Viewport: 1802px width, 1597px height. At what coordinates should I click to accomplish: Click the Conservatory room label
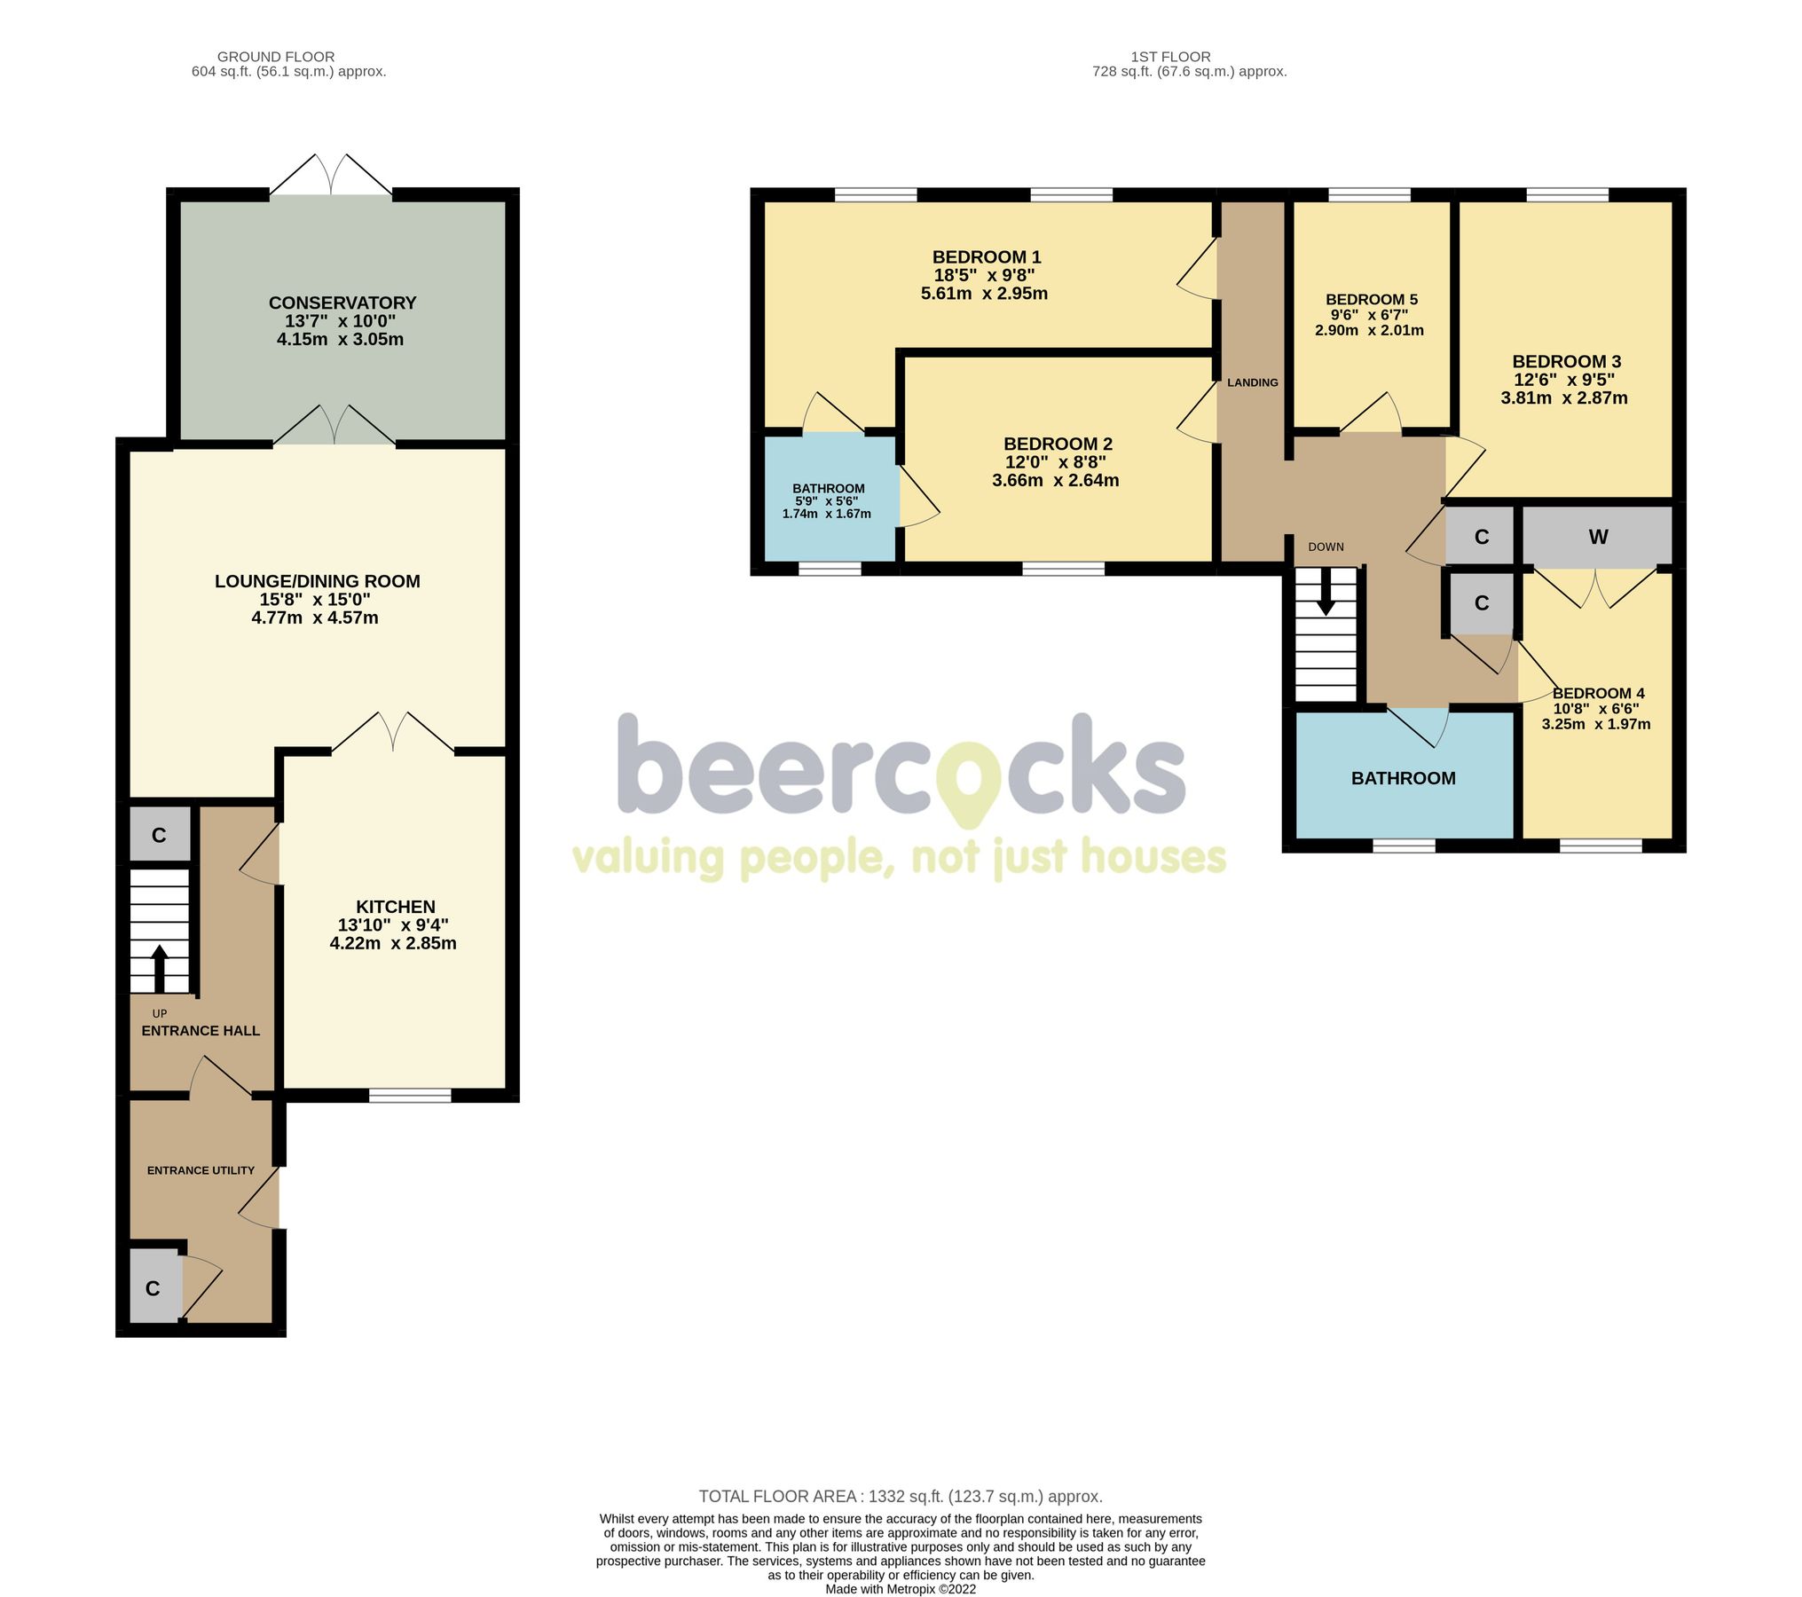point(342,303)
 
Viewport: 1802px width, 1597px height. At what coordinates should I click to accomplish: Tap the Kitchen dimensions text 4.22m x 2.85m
point(393,943)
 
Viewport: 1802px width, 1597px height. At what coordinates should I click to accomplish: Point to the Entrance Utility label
point(201,1170)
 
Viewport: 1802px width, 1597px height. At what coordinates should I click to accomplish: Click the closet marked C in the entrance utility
point(153,1288)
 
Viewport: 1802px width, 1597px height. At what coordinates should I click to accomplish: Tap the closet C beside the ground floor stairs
point(159,835)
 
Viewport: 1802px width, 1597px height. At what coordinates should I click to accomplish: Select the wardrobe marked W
point(1598,537)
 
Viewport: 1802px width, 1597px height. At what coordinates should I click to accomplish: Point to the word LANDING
point(1252,382)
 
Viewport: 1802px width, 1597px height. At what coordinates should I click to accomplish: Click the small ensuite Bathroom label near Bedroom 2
point(828,489)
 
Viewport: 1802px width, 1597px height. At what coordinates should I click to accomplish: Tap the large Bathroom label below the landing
point(1403,778)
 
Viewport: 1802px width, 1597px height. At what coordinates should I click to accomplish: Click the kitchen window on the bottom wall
point(410,1096)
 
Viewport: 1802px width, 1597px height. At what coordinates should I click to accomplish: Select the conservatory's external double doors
point(331,176)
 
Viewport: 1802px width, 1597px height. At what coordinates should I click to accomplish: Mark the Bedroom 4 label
point(1598,693)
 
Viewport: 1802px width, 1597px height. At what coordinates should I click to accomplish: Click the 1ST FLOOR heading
point(1170,57)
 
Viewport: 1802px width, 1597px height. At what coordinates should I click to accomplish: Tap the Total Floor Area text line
point(900,1497)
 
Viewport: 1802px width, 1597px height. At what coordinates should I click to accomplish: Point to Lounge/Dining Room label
point(317,581)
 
